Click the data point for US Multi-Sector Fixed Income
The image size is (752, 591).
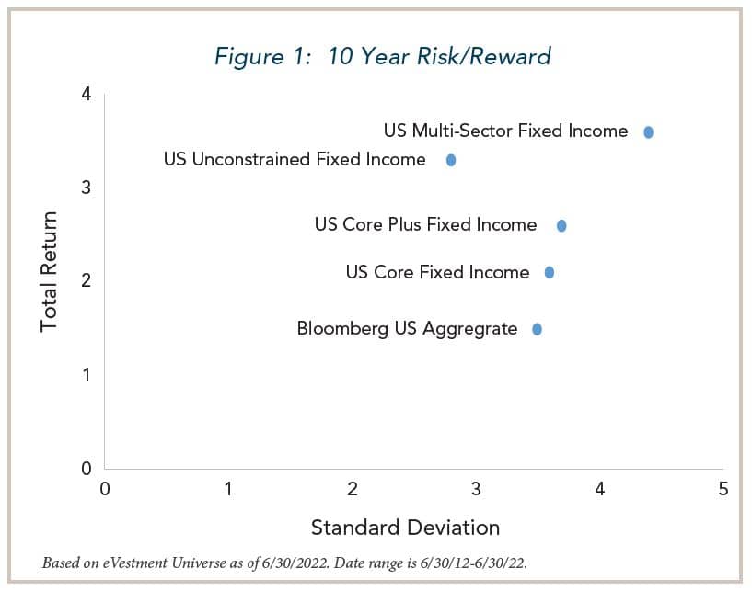[648, 132]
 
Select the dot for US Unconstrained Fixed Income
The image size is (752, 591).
[451, 160]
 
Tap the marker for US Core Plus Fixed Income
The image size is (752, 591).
[561, 225]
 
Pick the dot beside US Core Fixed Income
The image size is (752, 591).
[550, 273]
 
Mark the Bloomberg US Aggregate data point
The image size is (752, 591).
[537, 329]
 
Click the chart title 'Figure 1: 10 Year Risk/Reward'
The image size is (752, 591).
[382, 56]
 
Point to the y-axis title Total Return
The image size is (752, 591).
[49, 272]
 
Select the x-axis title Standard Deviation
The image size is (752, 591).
[405, 528]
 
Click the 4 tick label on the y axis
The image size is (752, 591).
[86, 94]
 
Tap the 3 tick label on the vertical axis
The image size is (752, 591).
[86, 188]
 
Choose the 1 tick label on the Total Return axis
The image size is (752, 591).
[86, 375]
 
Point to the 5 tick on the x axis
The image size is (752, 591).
[723, 489]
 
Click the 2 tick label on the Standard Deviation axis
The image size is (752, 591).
[353, 489]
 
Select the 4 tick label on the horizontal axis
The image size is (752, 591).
[599, 489]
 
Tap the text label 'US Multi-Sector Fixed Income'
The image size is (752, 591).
[505, 131]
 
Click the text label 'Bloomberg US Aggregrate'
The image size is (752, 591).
[407, 329]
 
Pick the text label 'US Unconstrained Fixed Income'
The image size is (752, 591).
[295, 160]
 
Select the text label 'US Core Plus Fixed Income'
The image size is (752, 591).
[425, 224]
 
